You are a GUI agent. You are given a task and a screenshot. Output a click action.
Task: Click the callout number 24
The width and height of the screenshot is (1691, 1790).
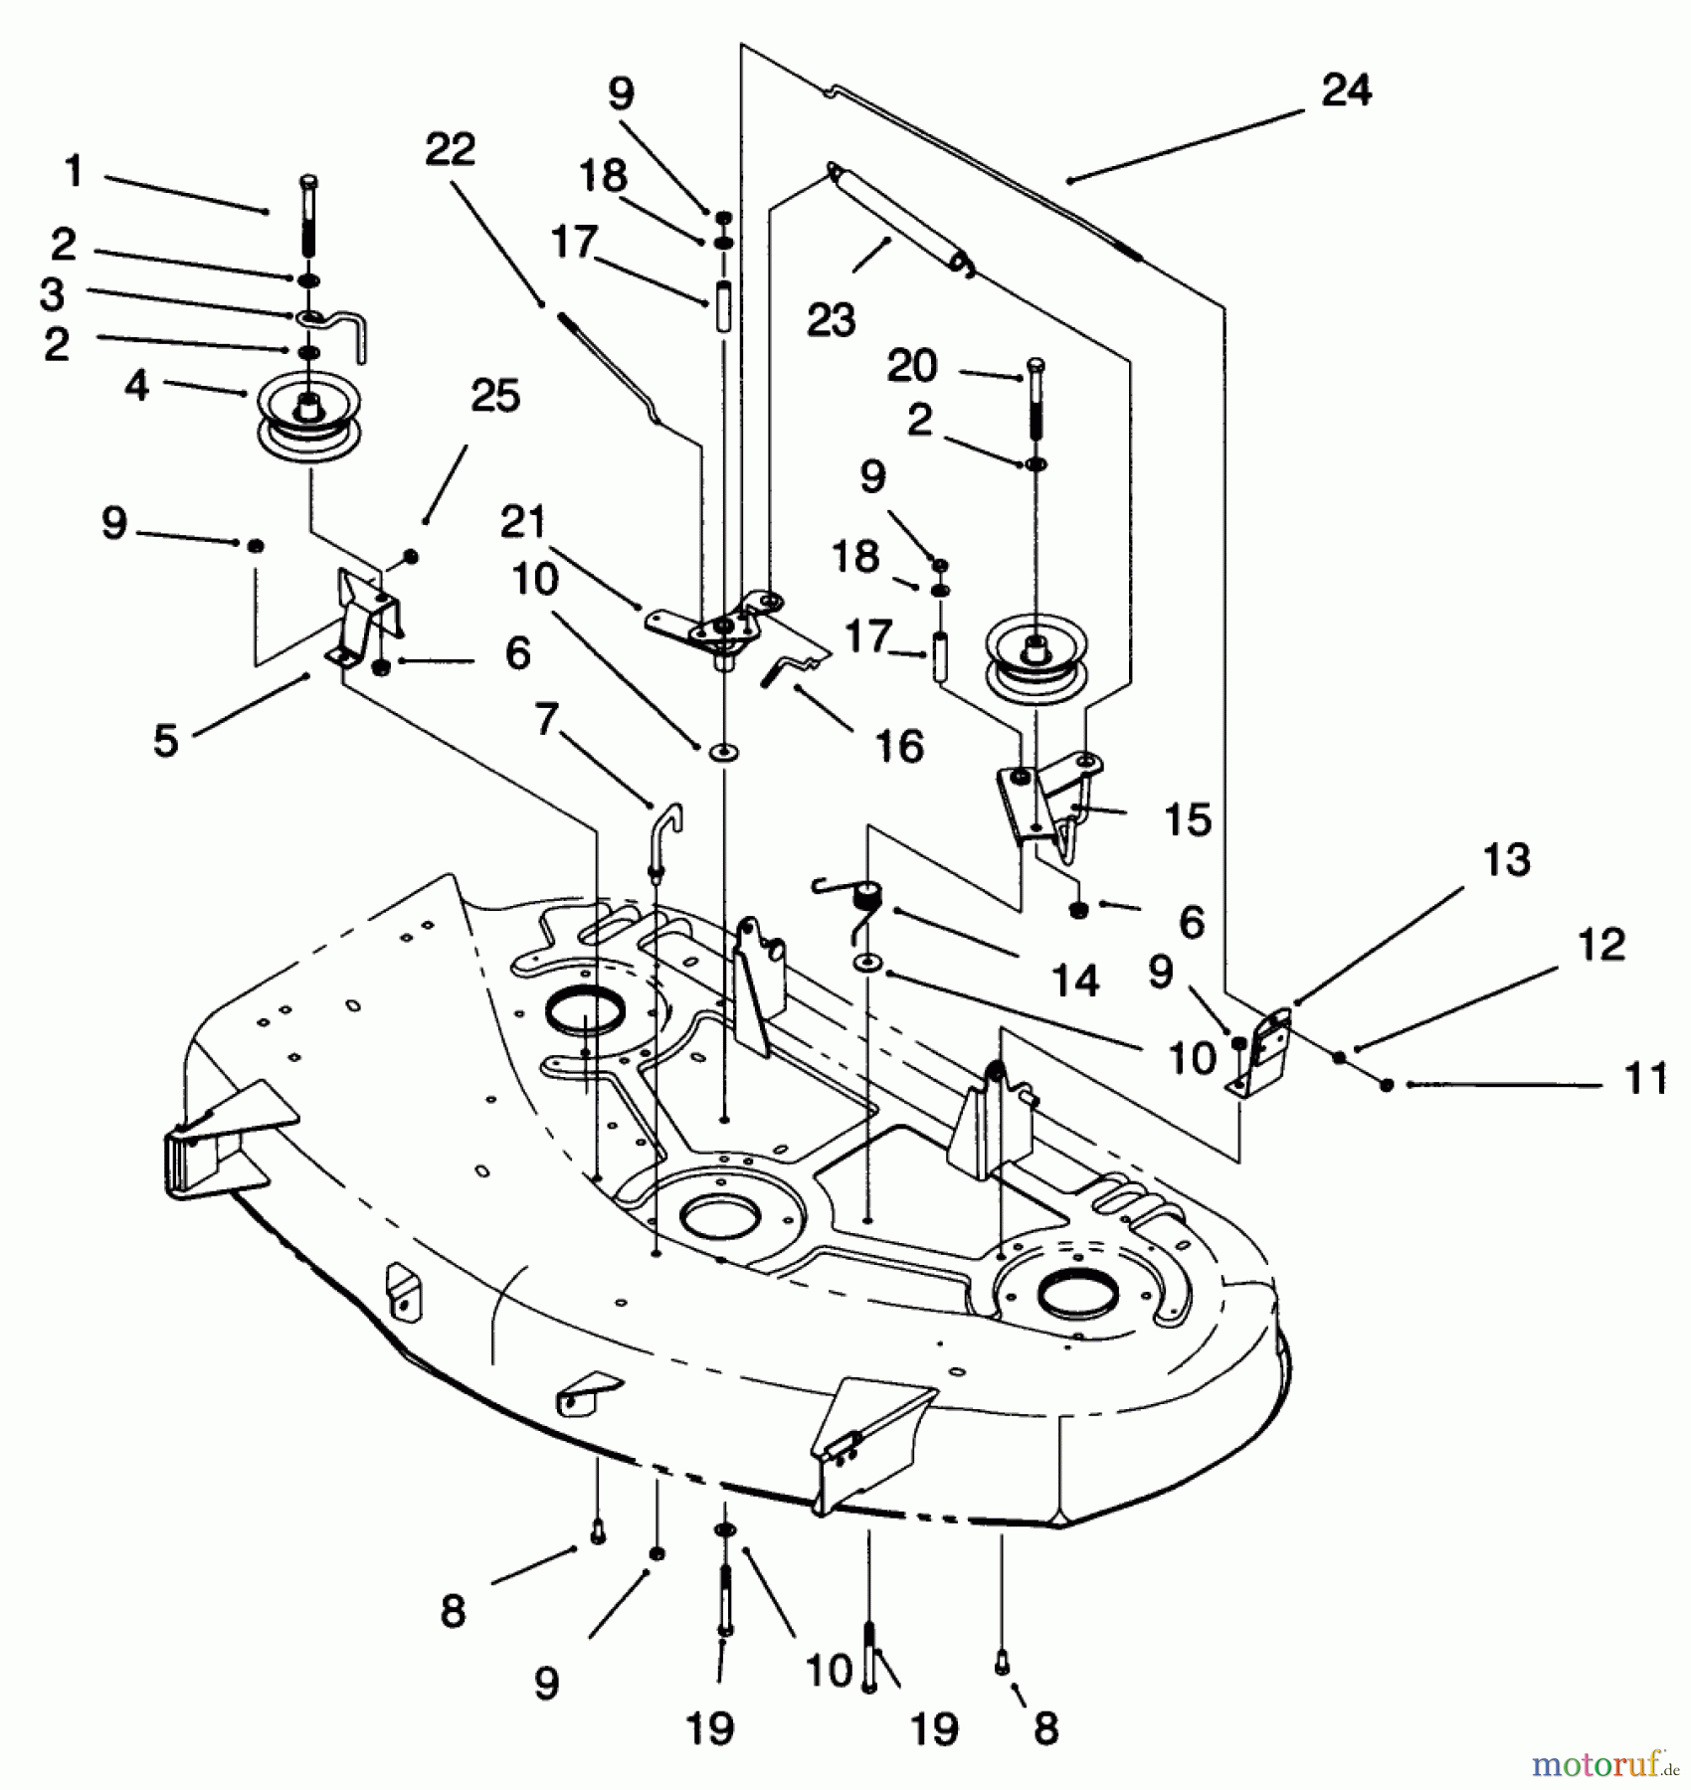[1347, 90]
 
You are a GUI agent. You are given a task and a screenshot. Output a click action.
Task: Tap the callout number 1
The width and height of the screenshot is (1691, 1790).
[74, 171]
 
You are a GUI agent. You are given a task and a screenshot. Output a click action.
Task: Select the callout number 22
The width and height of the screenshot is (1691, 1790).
[450, 150]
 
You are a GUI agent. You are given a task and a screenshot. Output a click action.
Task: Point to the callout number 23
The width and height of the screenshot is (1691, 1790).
[831, 320]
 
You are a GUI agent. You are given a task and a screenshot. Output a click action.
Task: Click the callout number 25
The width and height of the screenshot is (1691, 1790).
[495, 396]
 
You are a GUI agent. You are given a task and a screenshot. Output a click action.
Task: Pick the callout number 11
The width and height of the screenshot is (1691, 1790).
[1644, 1078]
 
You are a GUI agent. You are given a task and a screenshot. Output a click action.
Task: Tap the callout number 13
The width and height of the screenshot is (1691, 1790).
[1506, 860]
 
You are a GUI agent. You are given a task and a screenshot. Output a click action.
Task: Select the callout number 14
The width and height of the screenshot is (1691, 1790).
[1075, 981]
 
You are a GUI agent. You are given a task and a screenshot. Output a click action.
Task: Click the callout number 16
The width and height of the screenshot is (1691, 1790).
[899, 746]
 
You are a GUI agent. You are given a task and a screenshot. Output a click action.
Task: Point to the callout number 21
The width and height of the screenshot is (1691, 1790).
[523, 522]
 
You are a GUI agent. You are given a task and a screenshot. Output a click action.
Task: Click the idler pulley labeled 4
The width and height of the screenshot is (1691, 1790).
[309, 422]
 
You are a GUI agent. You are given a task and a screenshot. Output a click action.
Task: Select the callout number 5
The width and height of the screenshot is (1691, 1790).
[165, 741]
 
